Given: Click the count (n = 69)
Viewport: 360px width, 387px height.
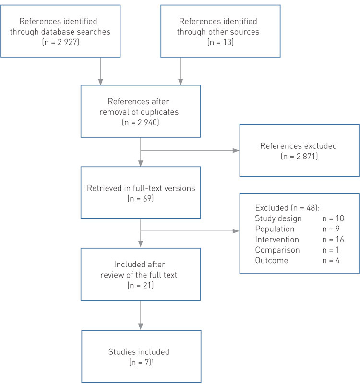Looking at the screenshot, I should [140, 198].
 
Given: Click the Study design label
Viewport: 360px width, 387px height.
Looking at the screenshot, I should [278, 219].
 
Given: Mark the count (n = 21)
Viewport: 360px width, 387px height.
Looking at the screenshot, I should [140, 284].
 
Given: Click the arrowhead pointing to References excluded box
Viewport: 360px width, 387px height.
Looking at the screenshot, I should [236, 150].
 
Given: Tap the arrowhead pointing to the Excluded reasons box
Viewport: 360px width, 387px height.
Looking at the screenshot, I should [236, 231].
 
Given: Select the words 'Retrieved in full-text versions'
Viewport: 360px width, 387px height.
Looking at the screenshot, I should [140, 188].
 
